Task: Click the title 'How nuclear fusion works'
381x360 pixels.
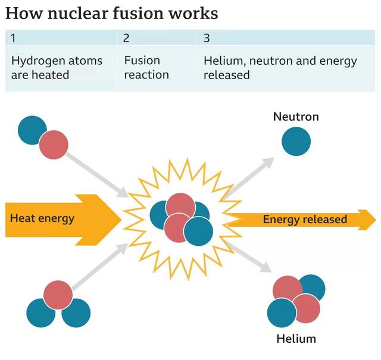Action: [111, 13]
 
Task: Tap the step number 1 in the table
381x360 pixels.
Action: [13, 38]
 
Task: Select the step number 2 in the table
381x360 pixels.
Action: [126, 38]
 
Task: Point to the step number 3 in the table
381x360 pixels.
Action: [206, 38]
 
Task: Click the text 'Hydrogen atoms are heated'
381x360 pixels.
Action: [56, 67]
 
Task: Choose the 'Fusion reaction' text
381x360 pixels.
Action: [146, 67]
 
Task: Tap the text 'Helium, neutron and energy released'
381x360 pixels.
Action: [280, 67]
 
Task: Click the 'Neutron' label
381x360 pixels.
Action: [296, 117]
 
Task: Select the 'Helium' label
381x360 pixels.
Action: [296, 340]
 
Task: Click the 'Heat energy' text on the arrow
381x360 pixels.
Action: [42, 218]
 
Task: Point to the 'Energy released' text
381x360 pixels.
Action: [305, 220]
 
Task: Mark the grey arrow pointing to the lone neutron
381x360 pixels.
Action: [250, 176]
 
